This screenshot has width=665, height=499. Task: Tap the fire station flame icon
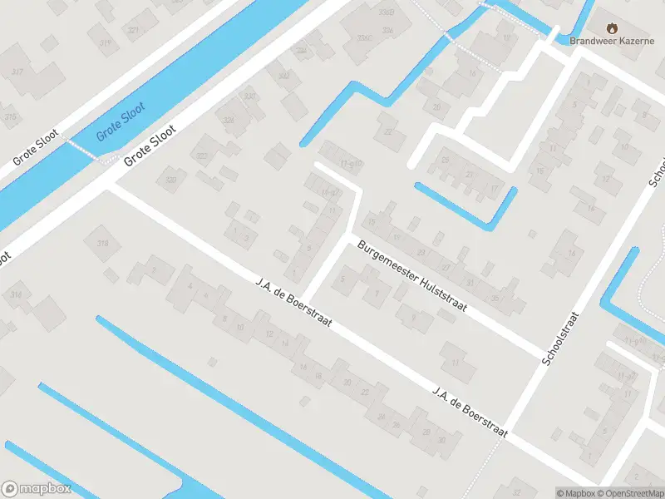coord(613,27)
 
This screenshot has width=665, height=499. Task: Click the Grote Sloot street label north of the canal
coord(36,149)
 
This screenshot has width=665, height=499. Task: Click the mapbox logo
coord(37,489)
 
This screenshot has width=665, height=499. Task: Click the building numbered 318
coord(103,243)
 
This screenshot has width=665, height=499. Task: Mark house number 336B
coord(386,12)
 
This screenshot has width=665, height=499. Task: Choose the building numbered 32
coord(518,482)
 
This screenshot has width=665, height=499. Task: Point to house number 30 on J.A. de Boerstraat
coord(442,440)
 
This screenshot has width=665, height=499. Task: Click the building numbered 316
coord(15,295)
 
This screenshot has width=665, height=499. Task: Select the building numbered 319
coord(105,42)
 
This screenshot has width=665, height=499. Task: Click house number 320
coord(170,180)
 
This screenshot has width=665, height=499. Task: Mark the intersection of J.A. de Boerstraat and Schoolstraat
coord(509,432)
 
